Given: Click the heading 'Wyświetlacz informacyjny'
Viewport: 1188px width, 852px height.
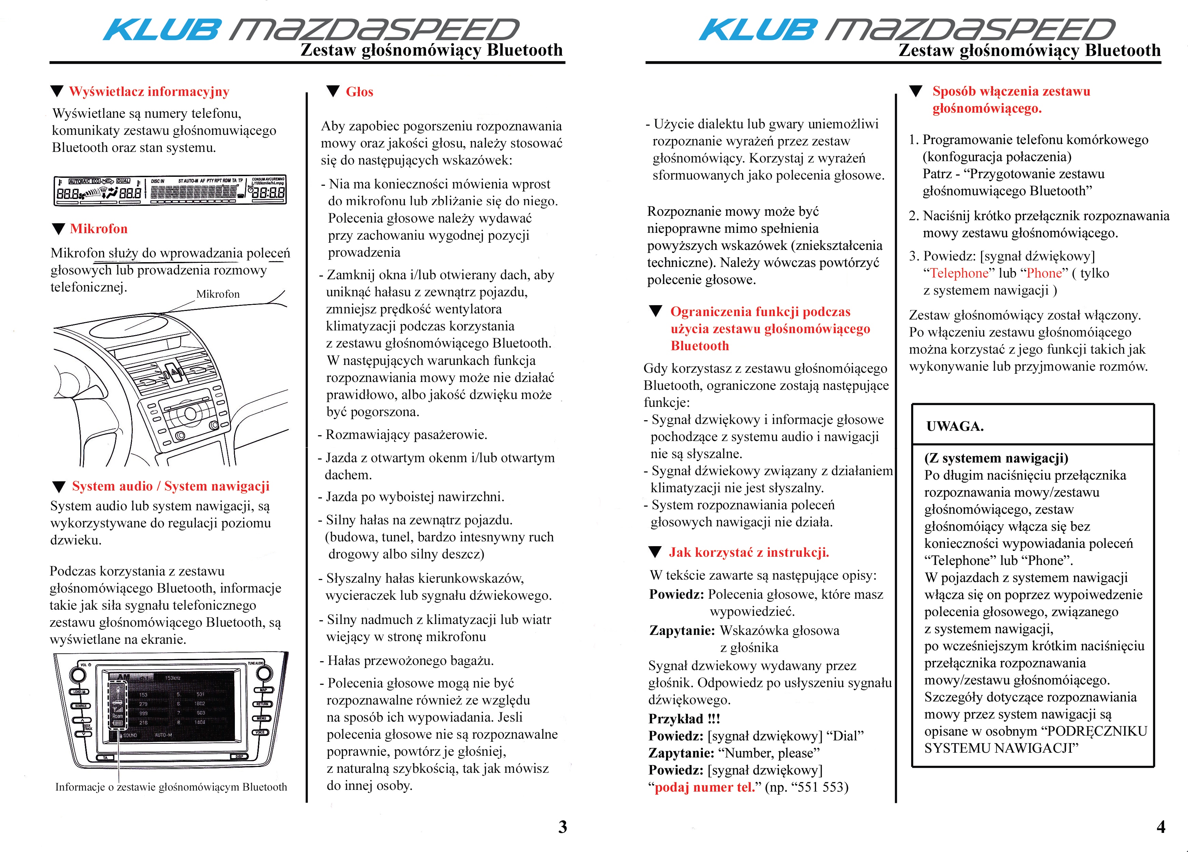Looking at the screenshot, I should click(x=149, y=91).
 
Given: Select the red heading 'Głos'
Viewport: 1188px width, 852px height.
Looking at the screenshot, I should click(x=359, y=91).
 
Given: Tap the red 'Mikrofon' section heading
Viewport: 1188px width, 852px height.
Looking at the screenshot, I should click(x=98, y=229).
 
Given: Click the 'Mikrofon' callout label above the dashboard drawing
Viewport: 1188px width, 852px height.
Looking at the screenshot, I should click(x=218, y=294).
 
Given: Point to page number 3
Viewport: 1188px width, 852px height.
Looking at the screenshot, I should click(x=562, y=827).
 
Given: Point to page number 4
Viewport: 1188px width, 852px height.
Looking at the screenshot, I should click(x=1161, y=827).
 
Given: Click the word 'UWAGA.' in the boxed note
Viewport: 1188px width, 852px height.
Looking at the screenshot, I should click(x=955, y=426).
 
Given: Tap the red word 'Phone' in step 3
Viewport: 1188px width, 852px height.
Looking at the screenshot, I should click(x=1044, y=273).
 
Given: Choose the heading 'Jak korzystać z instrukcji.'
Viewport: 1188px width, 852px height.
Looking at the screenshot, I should click(x=749, y=552).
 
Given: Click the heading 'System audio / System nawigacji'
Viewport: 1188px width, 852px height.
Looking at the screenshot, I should click(x=171, y=486).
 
